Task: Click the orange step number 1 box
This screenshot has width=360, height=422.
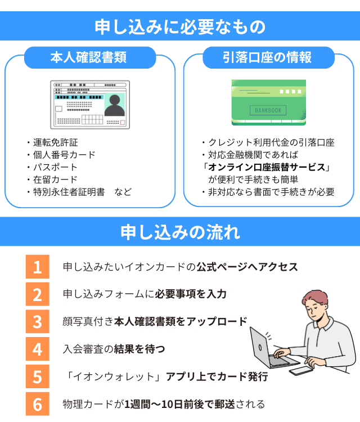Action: [37, 267]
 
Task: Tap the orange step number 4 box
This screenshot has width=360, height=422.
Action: [37, 349]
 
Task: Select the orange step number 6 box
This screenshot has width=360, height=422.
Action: [37, 403]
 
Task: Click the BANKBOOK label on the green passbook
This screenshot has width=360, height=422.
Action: [268, 110]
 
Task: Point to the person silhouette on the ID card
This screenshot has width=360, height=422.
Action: [115, 105]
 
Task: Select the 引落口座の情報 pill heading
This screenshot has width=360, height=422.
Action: [268, 57]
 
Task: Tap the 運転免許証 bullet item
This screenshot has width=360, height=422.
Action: [56, 142]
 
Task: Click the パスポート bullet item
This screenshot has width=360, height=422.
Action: [55, 167]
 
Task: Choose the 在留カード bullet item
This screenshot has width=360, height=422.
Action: [55, 179]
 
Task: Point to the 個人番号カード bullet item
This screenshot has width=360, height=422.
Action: [64, 155]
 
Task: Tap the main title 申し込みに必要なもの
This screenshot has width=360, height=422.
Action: [180, 26]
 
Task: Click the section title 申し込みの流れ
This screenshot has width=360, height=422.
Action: [180, 232]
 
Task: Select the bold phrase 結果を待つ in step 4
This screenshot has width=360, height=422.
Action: [139, 349]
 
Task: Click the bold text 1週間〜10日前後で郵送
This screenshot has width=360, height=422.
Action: [179, 404]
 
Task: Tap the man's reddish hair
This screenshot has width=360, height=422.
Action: [316, 298]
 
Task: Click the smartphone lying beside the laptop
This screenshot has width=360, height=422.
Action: [301, 371]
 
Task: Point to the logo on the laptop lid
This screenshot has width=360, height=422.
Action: [260, 347]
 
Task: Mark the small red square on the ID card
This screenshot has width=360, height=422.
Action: [123, 123]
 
